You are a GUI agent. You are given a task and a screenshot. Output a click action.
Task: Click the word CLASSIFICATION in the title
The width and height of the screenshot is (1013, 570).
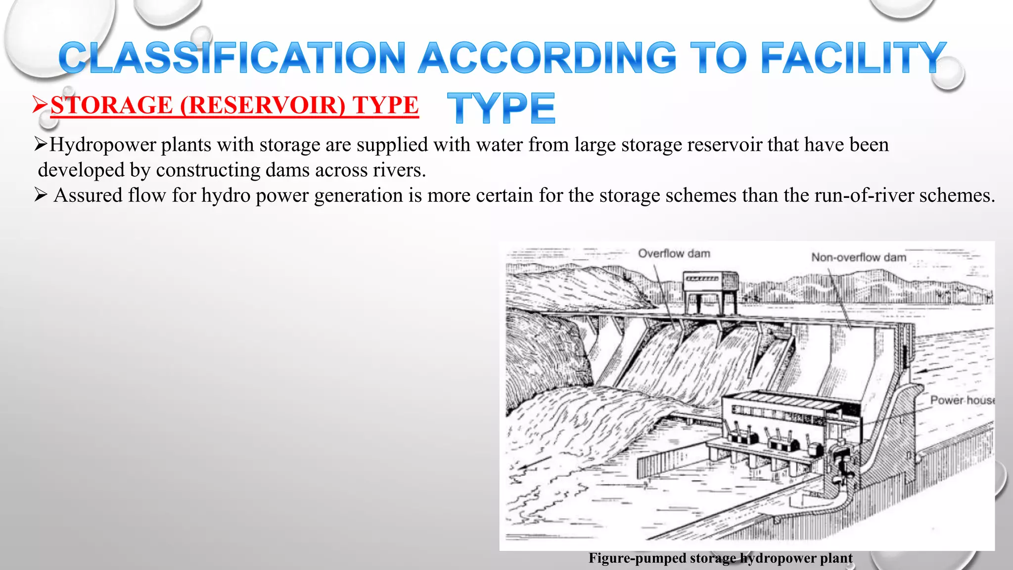232,58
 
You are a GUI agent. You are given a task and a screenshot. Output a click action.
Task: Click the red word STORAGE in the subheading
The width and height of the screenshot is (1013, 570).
112,105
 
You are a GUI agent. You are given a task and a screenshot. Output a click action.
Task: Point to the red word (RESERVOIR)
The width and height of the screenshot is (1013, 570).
262,105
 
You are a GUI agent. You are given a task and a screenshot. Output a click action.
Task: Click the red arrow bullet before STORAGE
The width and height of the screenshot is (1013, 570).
40,104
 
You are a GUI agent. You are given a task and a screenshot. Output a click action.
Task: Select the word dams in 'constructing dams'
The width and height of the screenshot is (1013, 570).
288,170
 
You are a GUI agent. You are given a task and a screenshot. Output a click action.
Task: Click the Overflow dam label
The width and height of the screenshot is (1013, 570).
674,254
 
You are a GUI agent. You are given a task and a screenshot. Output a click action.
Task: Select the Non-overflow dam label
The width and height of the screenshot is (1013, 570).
859,257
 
